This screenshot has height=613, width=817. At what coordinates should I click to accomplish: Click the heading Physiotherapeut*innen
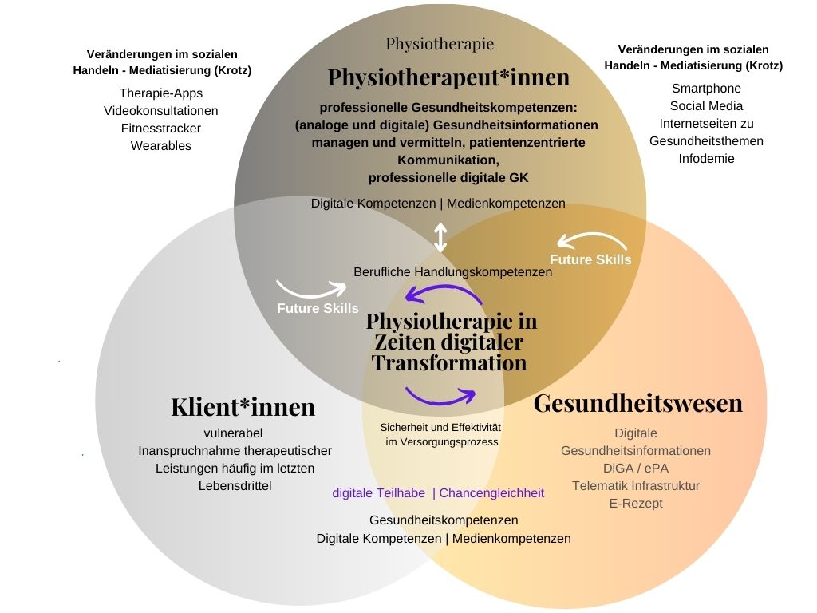pos(448,78)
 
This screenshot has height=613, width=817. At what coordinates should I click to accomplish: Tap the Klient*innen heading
pos(243,407)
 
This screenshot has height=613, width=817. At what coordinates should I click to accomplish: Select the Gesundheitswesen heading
pos(637,403)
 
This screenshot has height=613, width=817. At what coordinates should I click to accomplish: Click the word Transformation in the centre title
pos(449,363)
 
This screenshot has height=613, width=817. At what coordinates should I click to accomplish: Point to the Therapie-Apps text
pos(160,93)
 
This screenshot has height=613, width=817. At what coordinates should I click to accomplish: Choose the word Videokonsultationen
pos(160,110)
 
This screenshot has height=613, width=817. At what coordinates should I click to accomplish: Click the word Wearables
pos(160,145)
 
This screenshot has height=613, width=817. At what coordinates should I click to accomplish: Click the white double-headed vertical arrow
pos(440,238)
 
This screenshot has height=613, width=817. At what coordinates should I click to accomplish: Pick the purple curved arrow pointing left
pos(444,296)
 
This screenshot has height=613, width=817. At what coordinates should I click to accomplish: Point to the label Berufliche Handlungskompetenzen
pos(452,271)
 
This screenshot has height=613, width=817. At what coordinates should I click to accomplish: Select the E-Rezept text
pos(636,503)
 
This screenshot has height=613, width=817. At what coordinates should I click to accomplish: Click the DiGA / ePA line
pos(636,468)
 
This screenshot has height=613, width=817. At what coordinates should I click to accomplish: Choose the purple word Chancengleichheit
pos(491,492)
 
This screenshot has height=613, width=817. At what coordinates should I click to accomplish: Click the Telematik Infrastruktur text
pos(636,485)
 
